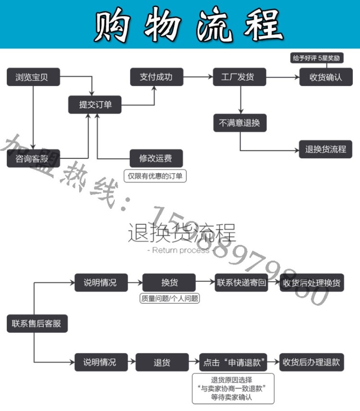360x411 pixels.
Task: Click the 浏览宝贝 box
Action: tap(33, 77)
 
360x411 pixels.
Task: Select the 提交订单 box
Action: tap(95, 105)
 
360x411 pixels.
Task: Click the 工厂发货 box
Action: tap(240, 77)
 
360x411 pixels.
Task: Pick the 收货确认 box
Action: tap(325, 77)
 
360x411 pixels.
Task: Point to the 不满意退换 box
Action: tap(240, 122)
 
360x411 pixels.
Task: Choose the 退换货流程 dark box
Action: tap(325, 149)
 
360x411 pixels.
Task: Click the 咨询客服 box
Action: tap(33, 158)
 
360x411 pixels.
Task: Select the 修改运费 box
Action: tap(156, 158)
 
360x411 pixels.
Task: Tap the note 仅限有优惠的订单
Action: tap(155, 176)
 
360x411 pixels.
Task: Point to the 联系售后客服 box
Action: tap(37, 324)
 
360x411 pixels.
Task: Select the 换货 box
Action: tap(169, 282)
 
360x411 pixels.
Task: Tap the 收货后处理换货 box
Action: tap(312, 283)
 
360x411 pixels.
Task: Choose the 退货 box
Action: tap(162, 362)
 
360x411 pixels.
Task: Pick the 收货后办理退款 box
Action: tap(312, 362)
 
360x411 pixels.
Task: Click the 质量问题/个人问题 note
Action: tap(169, 298)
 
